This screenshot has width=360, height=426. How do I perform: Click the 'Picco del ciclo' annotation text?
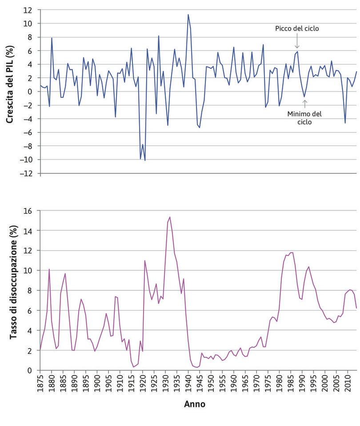tap(297, 28)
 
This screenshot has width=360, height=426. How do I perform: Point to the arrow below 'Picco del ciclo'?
tap(297, 42)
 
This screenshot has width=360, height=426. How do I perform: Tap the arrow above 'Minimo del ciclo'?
tap(304, 104)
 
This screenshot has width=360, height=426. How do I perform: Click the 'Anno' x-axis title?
tap(195, 405)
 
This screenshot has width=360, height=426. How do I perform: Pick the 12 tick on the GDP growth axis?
tap(28, 10)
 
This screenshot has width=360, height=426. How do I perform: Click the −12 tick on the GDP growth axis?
tap(26, 173)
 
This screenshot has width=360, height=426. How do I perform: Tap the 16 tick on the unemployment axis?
tap(28, 211)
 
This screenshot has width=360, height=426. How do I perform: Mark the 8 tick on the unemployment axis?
tap(30, 291)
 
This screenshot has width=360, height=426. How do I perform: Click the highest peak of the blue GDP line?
tap(188, 14)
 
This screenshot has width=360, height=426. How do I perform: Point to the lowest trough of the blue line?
tap(145, 161)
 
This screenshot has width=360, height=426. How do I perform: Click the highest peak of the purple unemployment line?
tap(170, 217)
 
